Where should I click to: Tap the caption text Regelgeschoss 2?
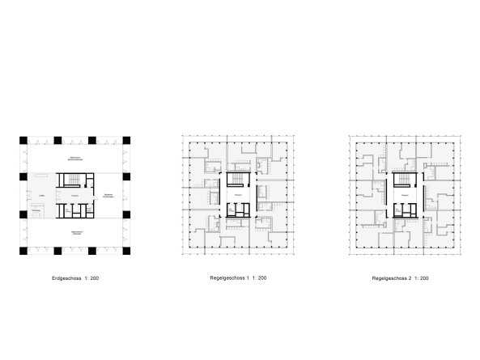click(393, 278)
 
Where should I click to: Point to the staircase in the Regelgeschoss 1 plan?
click(238, 180)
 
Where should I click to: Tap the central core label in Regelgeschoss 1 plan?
click(238, 197)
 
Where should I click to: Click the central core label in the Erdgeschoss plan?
click(74, 197)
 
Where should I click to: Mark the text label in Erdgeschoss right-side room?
click(108, 197)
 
